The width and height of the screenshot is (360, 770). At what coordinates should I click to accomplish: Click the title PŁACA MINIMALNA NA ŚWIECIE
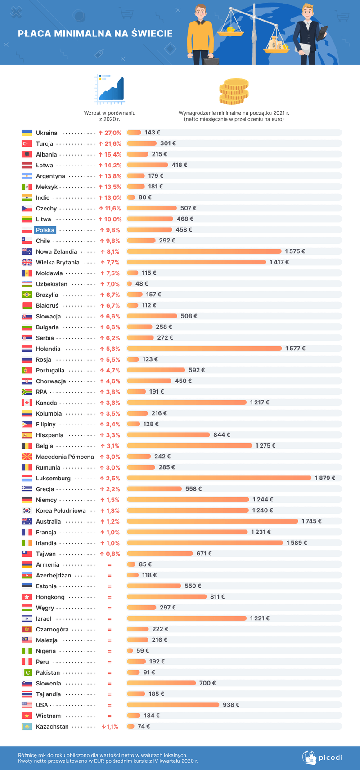95,33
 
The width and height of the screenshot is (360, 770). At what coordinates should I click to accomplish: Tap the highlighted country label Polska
45,230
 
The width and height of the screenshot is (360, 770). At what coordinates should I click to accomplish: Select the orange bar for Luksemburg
219,478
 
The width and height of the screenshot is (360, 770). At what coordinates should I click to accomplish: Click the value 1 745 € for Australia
311,521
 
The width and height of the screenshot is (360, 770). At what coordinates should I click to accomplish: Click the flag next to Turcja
27,143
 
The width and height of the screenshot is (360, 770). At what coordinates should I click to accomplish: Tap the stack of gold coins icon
234,91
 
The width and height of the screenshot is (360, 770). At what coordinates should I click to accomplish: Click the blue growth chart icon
110,89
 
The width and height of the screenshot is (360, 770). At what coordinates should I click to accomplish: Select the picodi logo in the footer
322,757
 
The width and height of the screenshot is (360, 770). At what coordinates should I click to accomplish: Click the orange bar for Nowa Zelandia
204,251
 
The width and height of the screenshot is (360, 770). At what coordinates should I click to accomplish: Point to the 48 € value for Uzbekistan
142,284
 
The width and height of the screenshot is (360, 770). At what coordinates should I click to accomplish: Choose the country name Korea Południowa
61,511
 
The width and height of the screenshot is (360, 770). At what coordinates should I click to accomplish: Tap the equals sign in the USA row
110,705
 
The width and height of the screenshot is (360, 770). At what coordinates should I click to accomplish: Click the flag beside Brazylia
27,295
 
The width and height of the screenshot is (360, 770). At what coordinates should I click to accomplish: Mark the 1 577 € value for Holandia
295,349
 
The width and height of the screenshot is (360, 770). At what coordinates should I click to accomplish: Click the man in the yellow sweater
200,34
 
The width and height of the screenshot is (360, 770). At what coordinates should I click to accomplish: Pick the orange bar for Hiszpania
168,435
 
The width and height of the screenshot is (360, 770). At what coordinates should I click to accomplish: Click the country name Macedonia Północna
65,457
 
